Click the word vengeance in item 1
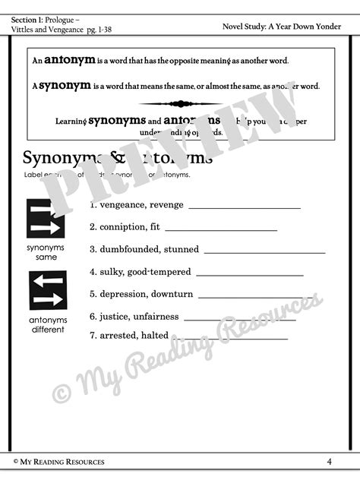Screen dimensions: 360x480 point(122,204)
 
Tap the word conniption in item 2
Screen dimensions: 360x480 point(122,227)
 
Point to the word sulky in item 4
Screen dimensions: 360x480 point(109,272)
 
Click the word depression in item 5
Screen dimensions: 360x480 point(122,294)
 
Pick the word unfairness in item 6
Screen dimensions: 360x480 point(158,317)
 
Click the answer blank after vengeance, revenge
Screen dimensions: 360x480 point(244,207)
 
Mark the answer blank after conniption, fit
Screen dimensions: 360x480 point(220,229)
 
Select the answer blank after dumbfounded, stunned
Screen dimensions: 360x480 point(264,251)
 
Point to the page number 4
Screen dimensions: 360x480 point(330,461)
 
